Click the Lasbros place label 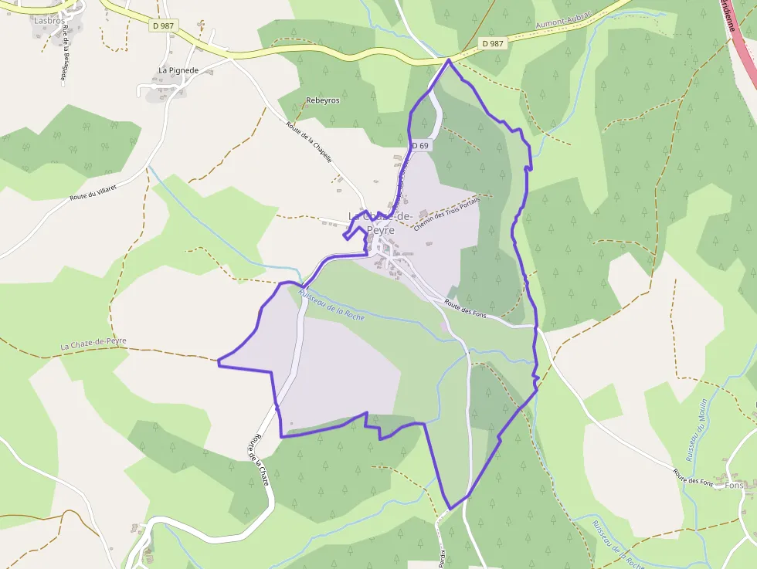pos(48,21)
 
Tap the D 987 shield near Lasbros pos(163,25)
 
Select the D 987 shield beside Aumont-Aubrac pos(493,44)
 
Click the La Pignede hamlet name pos(178,70)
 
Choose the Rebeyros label pos(323,100)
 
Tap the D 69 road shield pos(419,145)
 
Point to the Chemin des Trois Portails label pos(446,213)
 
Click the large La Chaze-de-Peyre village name pos(381,222)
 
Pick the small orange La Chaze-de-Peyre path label pos(93,344)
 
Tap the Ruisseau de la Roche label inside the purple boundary pos(331,306)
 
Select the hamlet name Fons pos(735,486)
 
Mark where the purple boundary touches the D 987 pos(449,59)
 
